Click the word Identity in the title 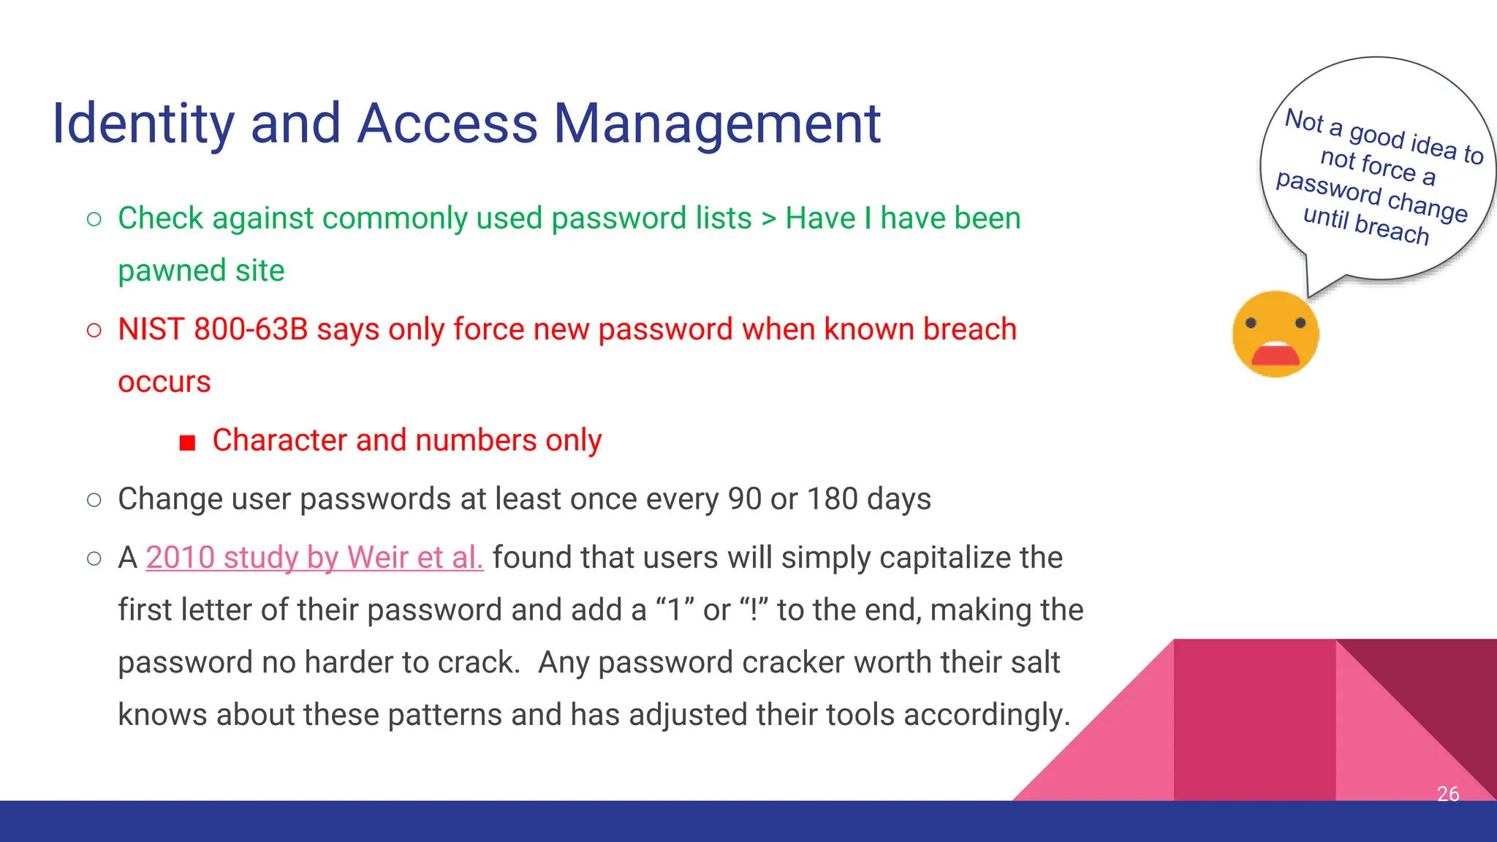143,124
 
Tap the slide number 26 1447,794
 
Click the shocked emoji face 1276,333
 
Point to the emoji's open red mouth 1276,355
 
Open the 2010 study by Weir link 314,558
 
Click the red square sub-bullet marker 188,443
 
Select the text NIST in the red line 151,330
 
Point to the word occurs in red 164,382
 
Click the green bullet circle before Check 94,219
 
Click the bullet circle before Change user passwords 94,500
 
